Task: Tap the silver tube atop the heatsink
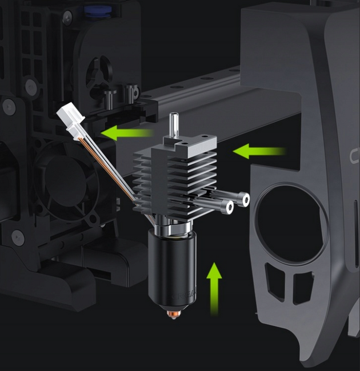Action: click(x=175, y=123)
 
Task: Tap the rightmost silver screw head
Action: click(x=245, y=200)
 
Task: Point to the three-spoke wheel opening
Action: click(x=98, y=75)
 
